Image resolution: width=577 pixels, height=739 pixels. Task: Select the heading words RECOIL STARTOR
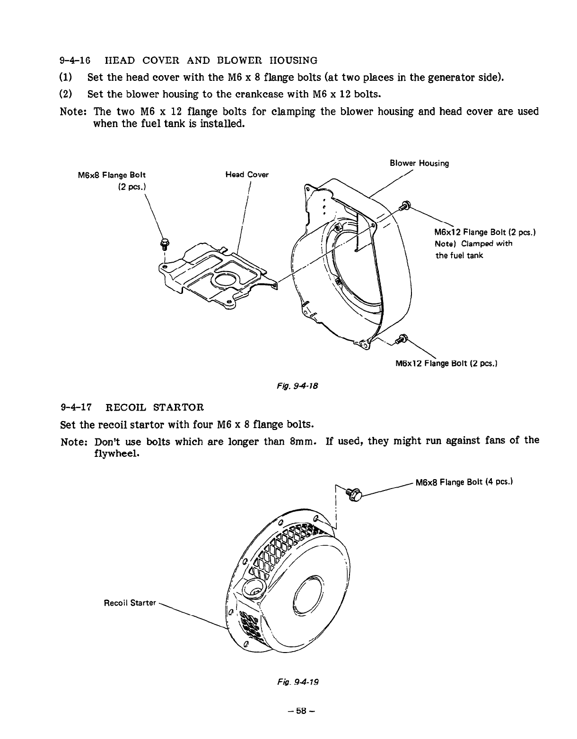click(154, 407)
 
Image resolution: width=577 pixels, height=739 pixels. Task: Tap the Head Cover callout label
click(247, 175)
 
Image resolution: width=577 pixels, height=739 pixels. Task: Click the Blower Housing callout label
click(419, 163)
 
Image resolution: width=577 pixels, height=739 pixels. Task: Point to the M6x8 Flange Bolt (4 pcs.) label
click(464, 482)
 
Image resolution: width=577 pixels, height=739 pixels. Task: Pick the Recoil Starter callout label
click(130, 603)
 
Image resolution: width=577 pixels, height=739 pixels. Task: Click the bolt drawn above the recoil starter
click(353, 494)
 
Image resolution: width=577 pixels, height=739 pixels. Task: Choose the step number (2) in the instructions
click(66, 94)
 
